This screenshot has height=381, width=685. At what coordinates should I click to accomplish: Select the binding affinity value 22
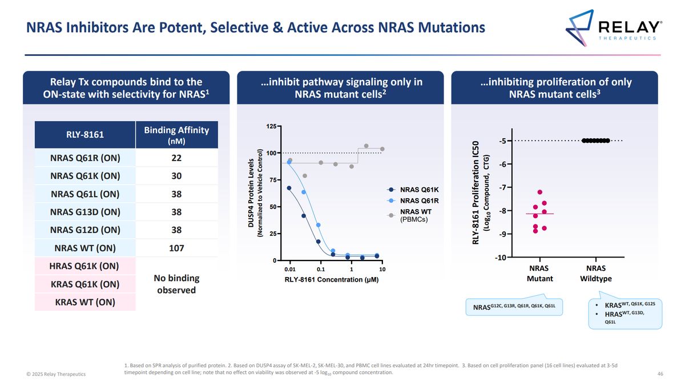click(176, 158)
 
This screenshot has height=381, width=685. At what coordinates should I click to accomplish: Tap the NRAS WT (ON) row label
click(85, 248)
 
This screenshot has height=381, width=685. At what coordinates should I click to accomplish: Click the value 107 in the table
click(176, 248)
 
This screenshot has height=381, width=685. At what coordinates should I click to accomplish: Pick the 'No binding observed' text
click(176, 284)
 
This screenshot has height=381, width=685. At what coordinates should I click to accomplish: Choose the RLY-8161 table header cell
click(85, 135)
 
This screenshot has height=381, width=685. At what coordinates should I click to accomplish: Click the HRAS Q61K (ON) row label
click(85, 266)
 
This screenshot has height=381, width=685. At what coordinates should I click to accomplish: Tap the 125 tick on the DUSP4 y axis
click(272, 126)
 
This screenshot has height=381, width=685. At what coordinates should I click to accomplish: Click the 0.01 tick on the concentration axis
click(290, 269)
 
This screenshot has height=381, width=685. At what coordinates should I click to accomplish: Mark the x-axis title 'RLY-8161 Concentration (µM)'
click(332, 280)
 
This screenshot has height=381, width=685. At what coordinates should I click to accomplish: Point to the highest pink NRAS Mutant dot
click(539, 192)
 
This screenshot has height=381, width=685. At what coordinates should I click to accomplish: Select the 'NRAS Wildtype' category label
click(595, 273)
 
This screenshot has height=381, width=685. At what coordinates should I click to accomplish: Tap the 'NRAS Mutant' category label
click(539, 273)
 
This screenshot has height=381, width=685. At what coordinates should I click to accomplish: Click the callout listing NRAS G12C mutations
click(514, 307)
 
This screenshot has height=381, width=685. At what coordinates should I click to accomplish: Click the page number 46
click(660, 374)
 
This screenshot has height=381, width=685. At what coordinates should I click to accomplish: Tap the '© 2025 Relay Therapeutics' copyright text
click(56, 374)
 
